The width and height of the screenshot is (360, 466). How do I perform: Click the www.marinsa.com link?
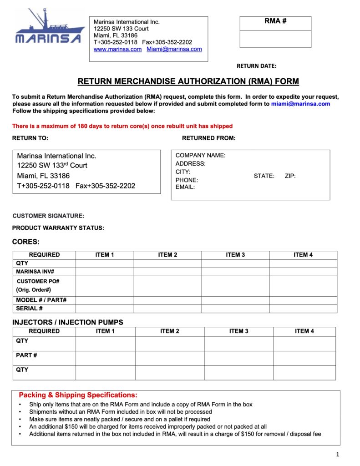[117, 49]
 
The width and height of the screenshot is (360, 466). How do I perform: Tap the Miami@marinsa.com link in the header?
[174, 49]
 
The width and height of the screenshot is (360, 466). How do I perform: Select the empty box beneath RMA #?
[275, 39]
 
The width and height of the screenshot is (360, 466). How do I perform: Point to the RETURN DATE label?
[256, 66]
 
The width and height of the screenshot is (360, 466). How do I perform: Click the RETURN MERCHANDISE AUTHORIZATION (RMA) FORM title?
[188, 82]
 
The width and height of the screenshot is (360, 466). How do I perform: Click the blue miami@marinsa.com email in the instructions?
[300, 104]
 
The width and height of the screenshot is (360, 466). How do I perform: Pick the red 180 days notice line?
[122, 126]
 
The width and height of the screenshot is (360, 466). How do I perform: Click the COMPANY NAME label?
[200, 155]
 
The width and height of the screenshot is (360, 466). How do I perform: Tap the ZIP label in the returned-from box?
[290, 176]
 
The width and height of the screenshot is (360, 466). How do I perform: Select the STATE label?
[264, 176]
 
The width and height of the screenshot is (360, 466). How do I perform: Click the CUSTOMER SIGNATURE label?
[48, 216]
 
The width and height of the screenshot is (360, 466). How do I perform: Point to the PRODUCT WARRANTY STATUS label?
[58, 228]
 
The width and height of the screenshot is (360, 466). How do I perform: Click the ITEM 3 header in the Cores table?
[235, 255]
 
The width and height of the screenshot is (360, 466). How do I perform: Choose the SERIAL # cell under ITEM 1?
[105, 309]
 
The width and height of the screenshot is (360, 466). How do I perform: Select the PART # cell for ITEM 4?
[304, 358]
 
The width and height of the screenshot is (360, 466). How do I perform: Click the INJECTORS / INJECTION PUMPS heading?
[67, 322]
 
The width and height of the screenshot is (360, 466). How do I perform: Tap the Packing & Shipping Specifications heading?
[78, 395]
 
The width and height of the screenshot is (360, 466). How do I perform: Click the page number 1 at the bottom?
[338, 454]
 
